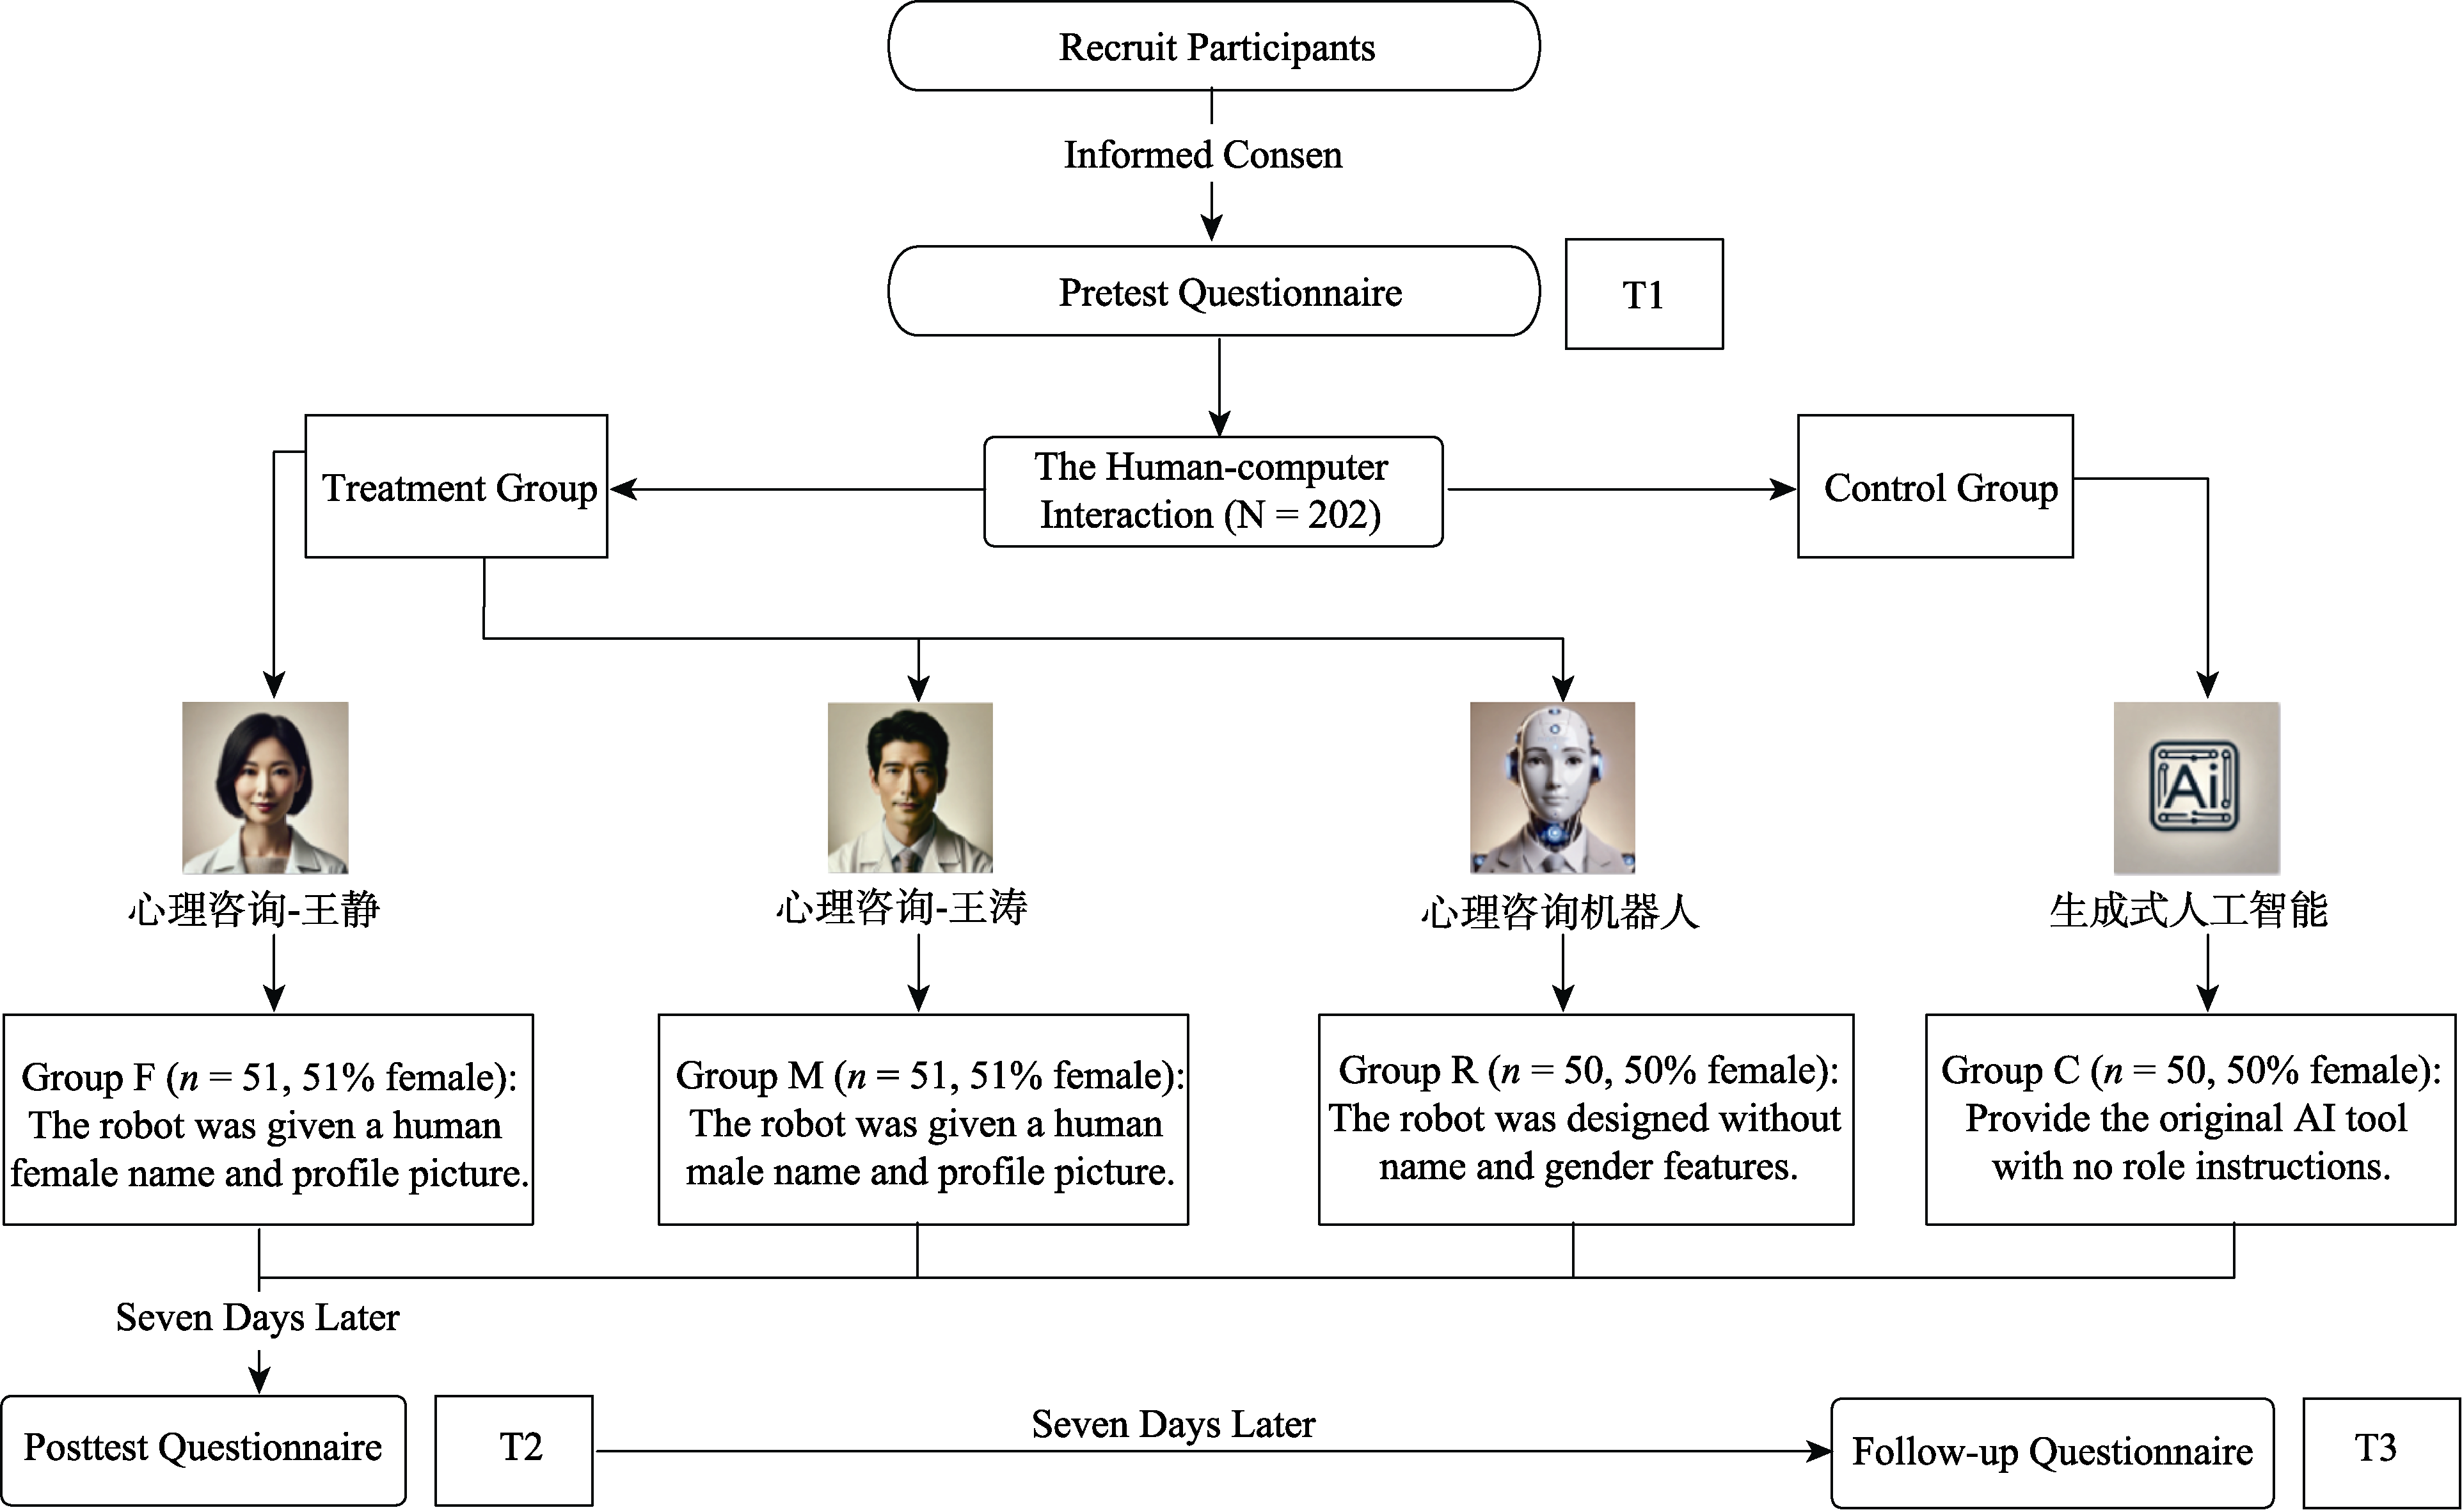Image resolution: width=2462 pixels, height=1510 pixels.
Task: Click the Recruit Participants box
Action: pyautogui.click(x=1213, y=46)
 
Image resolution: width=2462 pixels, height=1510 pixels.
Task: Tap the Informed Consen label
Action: pyautogui.click(x=1203, y=155)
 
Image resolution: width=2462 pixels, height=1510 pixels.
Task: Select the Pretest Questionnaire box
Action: pyautogui.click(x=1213, y=292)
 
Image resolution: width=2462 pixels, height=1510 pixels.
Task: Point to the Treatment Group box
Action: pyautogui.click(x=457, y=487)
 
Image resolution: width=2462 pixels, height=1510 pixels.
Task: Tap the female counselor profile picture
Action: pyautogui.click(x=265, y=788)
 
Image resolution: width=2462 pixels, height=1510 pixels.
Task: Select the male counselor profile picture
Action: pyautogui.click(x=910, y=788)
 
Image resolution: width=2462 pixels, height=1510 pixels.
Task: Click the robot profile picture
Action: pyautogui.click(x=1553, y=788)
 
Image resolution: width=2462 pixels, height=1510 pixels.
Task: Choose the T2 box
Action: pyautogui.click(x=514, y=1450)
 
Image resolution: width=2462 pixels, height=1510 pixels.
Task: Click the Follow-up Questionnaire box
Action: pyautogui.click(x=2053, y=1452)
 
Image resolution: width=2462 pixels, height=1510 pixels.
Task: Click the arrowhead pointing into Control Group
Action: pyautogui.click(x=1784, y=489)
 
